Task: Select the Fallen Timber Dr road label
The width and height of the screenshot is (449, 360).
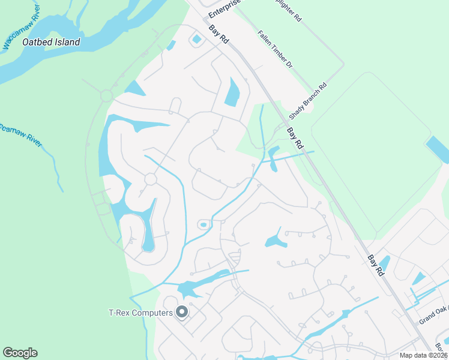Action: click(274, 49)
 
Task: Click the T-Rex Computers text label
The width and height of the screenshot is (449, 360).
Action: click(139, 312)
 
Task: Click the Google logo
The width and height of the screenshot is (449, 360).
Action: click(20, 353)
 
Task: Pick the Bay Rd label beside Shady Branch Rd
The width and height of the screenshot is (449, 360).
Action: click(295, 137)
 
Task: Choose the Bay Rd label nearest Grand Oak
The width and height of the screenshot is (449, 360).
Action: click(375, 266)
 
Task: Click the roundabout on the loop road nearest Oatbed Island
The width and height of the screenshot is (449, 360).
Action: click(107, 95)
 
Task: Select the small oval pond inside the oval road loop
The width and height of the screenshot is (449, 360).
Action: click(203, 225)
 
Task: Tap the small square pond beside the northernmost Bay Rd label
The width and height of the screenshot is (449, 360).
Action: click(196, 40)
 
